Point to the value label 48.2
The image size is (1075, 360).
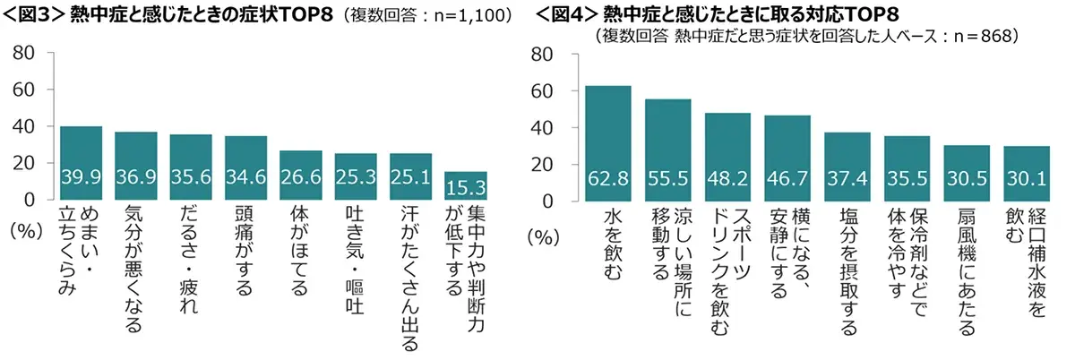(727, 185)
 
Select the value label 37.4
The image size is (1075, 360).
(847, 185)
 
